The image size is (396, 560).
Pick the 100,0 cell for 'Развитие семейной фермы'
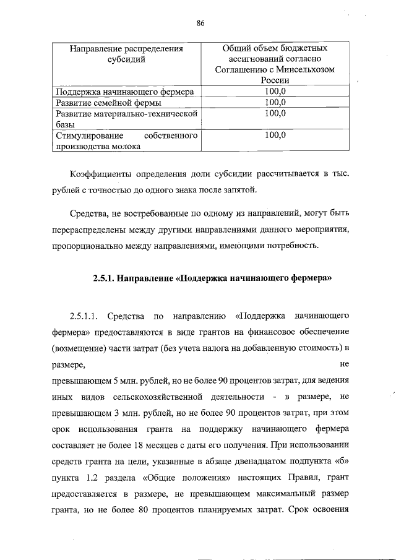click(x=275, y=102)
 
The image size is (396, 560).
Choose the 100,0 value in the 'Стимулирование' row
click(x=275, y=135)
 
